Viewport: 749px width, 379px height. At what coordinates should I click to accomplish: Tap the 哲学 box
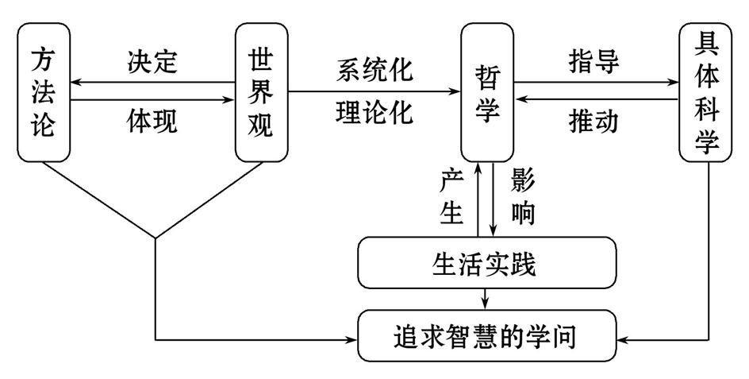(488, 92)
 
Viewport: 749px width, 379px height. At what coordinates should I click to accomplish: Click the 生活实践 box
(487, 264)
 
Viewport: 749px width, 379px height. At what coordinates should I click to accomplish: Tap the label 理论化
(374, 112)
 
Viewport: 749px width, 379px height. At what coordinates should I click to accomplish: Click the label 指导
(594, 61)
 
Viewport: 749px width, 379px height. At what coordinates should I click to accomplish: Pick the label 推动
(594, 121)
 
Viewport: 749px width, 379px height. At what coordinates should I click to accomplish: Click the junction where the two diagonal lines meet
(156, 237)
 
